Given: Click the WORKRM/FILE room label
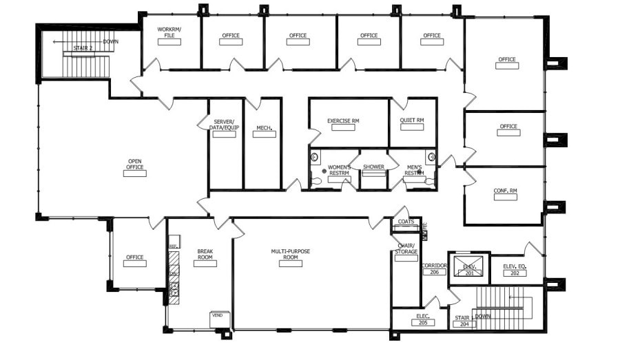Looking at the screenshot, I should (x=169, y=32).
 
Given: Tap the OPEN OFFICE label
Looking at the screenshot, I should (x=135, y=165).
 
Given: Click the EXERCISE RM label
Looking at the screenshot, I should (x=343, y=121).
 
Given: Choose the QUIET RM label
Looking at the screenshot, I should (x=411, y=120).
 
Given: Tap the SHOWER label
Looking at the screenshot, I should (x=373, y=167).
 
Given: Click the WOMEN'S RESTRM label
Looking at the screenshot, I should (x=339, y=170).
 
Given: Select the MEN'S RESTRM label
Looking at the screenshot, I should (x=413, y=170).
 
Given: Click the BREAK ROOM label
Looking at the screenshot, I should (x=205, y=255).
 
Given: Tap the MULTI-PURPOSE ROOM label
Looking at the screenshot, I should (x=290, y=255).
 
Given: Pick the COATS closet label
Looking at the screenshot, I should (x=406, y=222).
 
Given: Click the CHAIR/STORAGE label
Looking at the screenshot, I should (x=406, y=248).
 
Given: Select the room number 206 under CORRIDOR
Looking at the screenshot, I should (x=435, y=272).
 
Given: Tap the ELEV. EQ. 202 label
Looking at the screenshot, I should (x=514, y=269).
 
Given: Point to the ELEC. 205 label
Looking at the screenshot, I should (x=422, y=319).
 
